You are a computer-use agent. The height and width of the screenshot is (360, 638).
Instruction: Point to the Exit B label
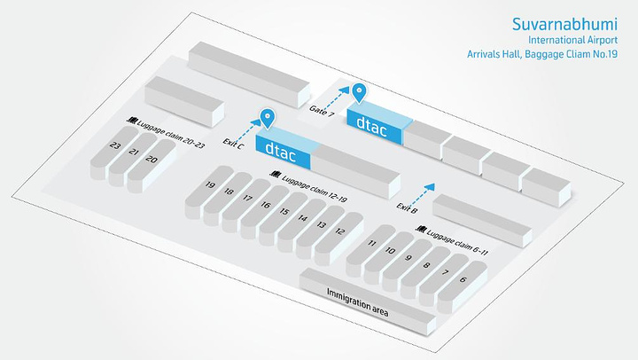coord(408,207)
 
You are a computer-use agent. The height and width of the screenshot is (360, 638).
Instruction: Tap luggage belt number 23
coord(115,145)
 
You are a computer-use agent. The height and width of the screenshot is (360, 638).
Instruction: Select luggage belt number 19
coord(210,186)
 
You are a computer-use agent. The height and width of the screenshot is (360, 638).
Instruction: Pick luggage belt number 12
coord(340,231)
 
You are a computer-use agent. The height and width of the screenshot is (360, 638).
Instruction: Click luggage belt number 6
coord(463,280)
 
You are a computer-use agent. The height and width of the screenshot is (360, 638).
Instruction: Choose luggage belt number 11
coord(372,243)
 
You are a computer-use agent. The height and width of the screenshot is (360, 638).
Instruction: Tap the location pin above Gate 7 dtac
coord(359,92)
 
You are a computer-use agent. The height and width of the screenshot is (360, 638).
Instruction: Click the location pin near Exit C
coord(267,118)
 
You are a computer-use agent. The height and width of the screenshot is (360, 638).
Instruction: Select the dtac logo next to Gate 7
coord(372,125)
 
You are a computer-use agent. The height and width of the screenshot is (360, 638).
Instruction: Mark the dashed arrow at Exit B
coord(424,191)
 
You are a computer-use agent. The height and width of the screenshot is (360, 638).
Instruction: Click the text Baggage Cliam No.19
coord(567,55)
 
